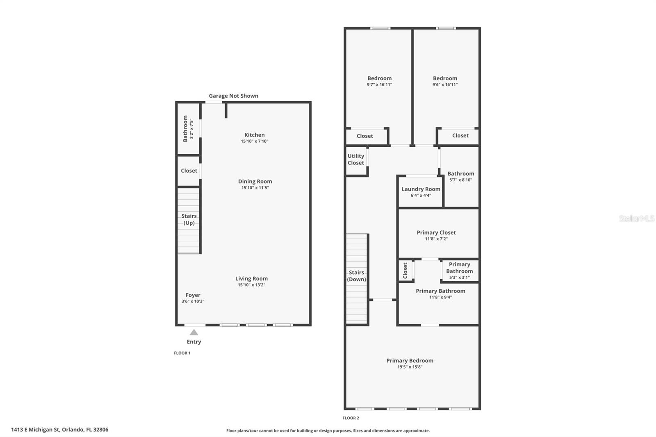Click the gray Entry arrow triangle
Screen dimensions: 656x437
(194, 332)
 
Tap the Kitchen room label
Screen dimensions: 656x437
(255, 135)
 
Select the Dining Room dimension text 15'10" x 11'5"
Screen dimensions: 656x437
(255, 188)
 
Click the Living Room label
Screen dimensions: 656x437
(252, 278)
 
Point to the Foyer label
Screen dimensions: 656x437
(193, 295)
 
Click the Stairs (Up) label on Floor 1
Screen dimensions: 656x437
(189, 219)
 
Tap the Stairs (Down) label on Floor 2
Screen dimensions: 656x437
(356, 276)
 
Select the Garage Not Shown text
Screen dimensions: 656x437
(233, 96)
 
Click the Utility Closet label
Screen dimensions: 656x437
(356, 159)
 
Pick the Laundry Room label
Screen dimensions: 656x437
(421, 189)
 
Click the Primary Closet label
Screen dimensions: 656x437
(436, 232)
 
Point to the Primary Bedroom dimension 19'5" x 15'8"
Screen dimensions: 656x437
(410, 367)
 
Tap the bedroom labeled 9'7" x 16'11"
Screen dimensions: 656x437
(380, 81)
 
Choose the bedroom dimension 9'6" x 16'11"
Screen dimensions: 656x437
(445, 84)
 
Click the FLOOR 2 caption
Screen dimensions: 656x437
(351, 418)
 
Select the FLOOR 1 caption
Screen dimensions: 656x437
(182, 353)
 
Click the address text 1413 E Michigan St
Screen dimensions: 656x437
(35, 430)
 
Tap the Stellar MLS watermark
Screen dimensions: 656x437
(637, 218)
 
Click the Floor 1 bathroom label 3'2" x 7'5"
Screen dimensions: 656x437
(188, 129)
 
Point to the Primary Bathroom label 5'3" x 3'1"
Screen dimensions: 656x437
(460, 271)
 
